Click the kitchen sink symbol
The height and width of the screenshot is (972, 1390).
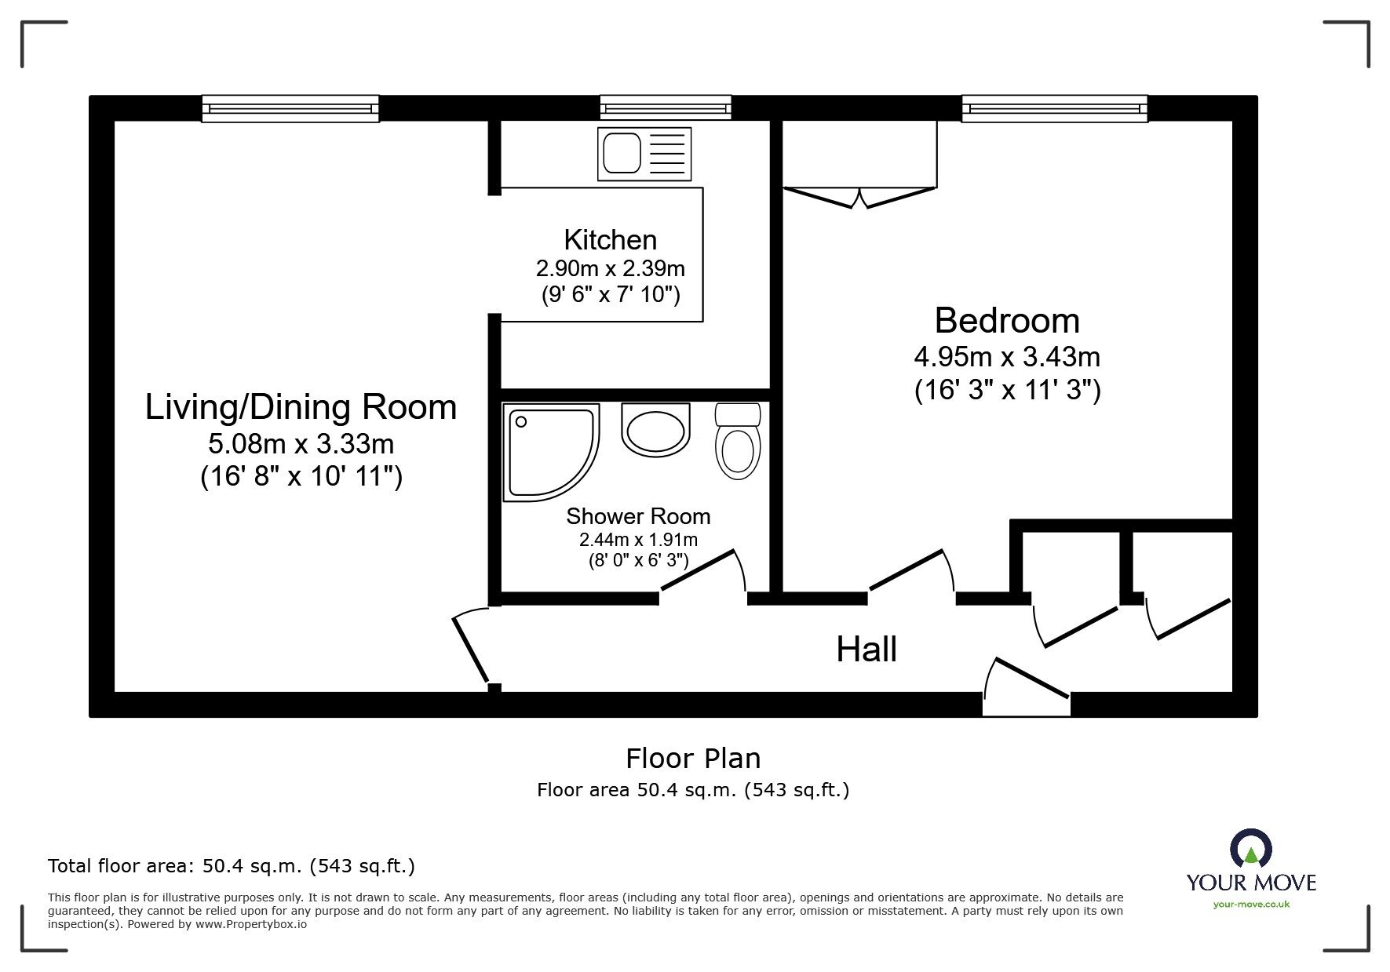(x=644, y=155)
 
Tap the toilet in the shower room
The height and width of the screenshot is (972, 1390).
(x=738, y=443)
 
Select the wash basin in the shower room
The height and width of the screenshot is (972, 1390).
(x=655, y=430)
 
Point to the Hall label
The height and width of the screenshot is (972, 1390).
(x=866, y=650)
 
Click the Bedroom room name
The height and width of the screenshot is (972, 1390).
(x=1007, y=321)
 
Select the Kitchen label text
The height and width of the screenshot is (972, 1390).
(x=610, y=239)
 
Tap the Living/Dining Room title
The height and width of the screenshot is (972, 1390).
(x=301, y=407)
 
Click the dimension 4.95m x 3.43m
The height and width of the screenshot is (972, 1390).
(x=1007, y=358)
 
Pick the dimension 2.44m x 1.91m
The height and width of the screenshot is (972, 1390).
(x=638, y=540)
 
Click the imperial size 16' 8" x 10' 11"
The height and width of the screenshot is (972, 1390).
(x=301, y=476)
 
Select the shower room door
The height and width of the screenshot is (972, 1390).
(x=701, y=570)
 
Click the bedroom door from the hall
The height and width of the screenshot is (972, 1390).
(x=909, y=570)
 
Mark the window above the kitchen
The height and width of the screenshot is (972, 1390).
(x=666, y=107)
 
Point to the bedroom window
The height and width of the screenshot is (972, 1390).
(x=1054, y=107)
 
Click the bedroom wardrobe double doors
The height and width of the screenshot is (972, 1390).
(x=860, y=196)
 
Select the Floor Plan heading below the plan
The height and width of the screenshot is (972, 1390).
(x=693, y=759)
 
